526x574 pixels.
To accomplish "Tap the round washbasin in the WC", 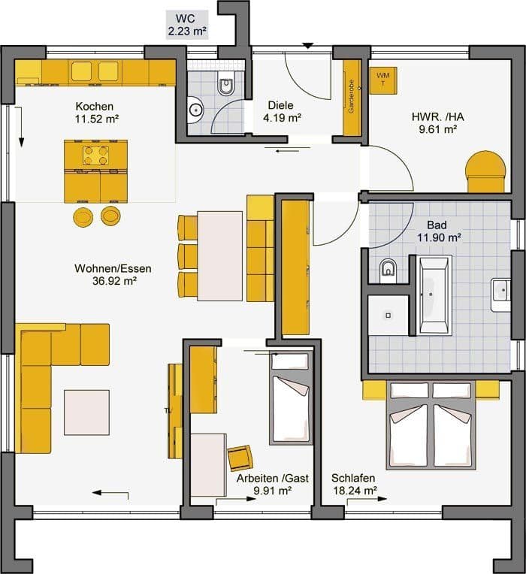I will pyautogui.click(x=195, y=109).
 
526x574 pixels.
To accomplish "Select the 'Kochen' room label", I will pyautogui.click(x=94, y=106).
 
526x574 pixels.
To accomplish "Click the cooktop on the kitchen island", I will pyautogui.click(x=95, y=156).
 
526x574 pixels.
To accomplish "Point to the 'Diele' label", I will pyautogui.click(x=281, y=105).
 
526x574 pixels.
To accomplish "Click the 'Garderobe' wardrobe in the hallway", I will pyautogui.click(x=350, y=98).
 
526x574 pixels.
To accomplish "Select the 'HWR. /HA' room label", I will pyautogui.click(x=434, y=116).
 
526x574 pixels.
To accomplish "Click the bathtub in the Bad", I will pyautogui.click(x=435, y=294).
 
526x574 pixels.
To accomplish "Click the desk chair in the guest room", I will pyautogui.click(x=240, y=457).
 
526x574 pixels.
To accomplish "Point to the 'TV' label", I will pyautogui.click(x=168, y=410).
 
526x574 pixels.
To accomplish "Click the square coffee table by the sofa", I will pyautogui.click(x=86, y=412).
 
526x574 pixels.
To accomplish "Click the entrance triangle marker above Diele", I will pyautogui.click(x=307, y=46).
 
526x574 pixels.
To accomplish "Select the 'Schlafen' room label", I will pyautogui.click(x=353, y=478).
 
